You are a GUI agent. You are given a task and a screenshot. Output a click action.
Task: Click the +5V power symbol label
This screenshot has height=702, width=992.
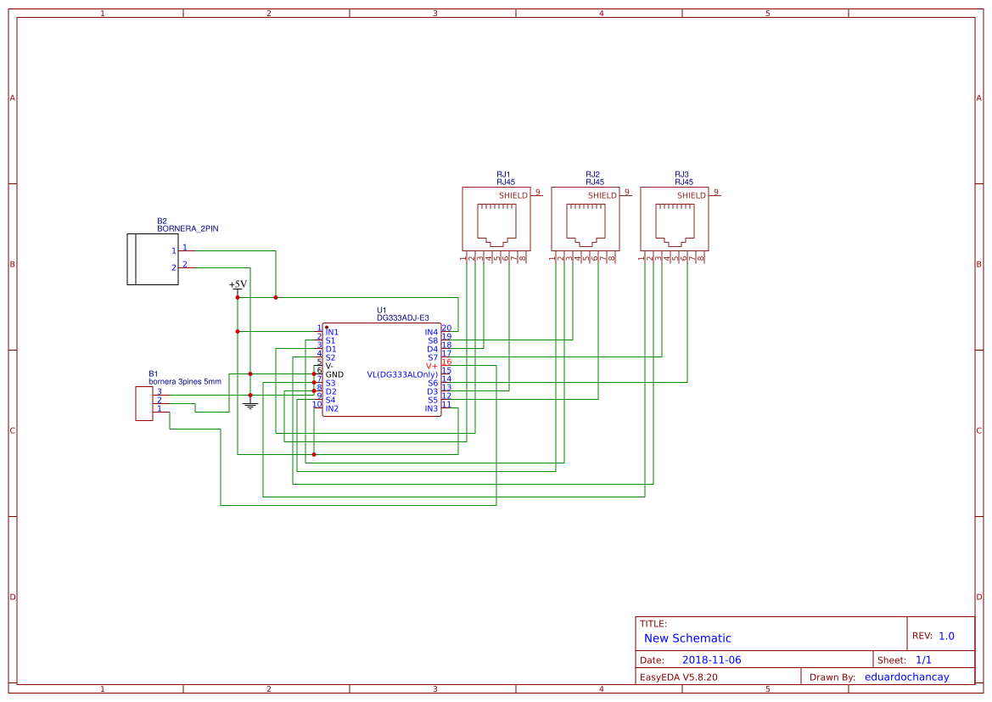click(x=238, y=284)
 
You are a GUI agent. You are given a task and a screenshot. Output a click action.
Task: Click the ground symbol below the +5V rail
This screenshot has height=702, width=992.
click(x=249, y=405)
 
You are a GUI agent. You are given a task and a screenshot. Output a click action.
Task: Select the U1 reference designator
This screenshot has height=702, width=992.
click(x=382, y=310)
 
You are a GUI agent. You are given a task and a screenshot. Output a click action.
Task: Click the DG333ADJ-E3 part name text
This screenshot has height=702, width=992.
click(x=403, y=317)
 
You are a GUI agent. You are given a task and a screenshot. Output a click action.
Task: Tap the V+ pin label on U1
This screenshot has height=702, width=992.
click(x=432, y=366)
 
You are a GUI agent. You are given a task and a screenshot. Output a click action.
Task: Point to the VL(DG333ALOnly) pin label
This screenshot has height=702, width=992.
click(x=402, y=374)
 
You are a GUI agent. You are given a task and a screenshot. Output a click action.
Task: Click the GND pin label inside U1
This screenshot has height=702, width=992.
click(x=334, y=374)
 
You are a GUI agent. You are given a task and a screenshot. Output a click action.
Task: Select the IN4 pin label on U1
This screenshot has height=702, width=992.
click(x=431, y=332)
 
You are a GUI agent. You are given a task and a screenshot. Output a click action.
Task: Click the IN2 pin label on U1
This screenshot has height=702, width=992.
click(x=332, y=408)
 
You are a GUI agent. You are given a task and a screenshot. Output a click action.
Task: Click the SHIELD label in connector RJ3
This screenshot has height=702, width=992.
click(x=692, y=195)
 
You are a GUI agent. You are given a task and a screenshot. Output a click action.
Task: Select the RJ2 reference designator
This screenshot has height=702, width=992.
click(x=592, y=174)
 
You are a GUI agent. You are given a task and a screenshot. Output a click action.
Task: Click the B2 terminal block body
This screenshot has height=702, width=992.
click(x=152, y=260)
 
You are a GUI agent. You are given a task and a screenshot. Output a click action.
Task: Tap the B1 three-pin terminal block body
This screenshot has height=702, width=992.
click(x=143, y=403)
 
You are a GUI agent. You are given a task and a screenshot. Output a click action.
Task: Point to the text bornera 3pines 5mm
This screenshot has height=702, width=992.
click(x=184, y=382)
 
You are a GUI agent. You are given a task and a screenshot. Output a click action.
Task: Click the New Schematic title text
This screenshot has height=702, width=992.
click(x=687, y=638)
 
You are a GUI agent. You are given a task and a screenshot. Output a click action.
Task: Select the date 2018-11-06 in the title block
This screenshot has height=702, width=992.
click(x=711, y=660)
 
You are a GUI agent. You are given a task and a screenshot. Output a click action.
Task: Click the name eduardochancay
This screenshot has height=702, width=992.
click(x=906, y=677)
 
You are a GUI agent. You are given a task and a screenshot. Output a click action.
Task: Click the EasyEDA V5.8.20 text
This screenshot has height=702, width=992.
click(x=678, y=677)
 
